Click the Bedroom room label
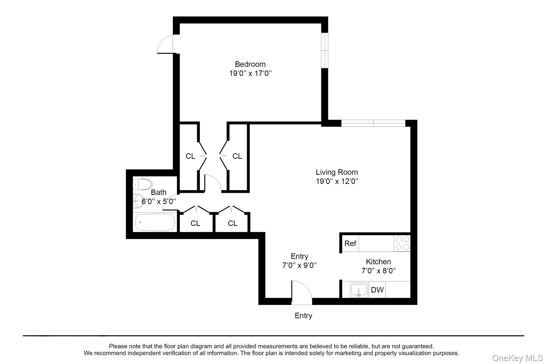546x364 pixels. click(250, 64)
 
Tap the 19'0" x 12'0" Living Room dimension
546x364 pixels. click(337, 181)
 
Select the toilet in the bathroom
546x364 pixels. click(143, 184)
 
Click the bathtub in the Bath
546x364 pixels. click(155, 222)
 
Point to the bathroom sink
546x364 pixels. click(138, 201)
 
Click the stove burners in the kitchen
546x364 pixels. click(402, 243)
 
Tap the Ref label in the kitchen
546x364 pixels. click(350, 243)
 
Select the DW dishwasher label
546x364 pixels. click(377, 290)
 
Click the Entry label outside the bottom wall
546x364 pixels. click(303, 316)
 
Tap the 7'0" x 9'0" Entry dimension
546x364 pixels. click(299, 265)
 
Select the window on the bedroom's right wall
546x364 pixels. click(324, 50)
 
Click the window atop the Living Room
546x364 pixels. click(373, 123)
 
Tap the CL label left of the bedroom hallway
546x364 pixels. click(190, 156)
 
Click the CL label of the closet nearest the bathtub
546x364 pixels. click(195, 223)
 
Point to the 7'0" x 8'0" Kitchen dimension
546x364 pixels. click(378, 271)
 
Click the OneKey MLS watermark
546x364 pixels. click(517, 358)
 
